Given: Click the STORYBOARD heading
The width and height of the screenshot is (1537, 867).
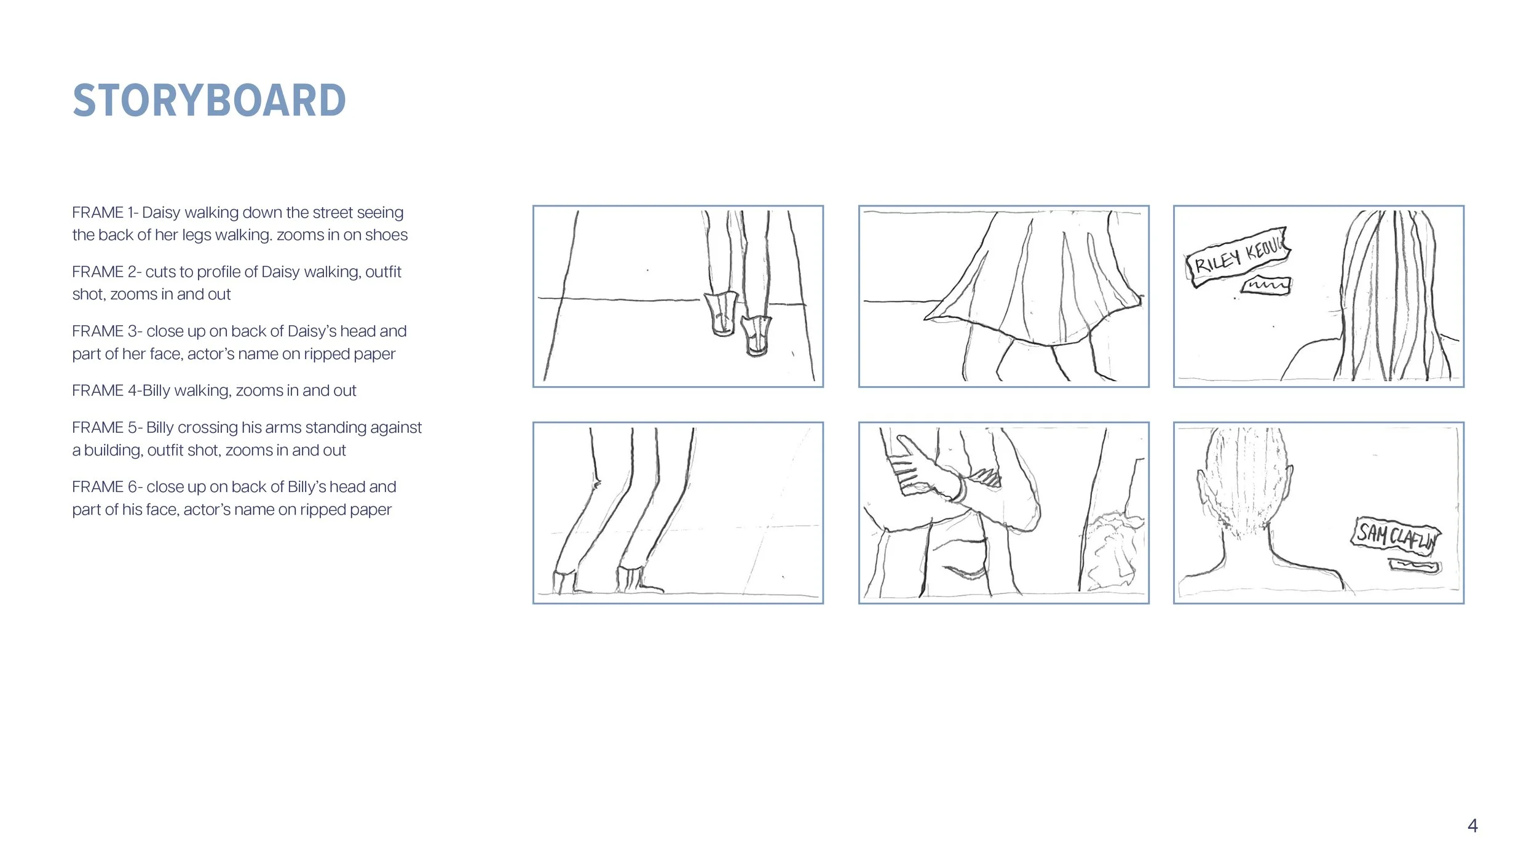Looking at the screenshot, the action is (209, 100).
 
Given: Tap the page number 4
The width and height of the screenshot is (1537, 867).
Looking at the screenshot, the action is (1472, 825).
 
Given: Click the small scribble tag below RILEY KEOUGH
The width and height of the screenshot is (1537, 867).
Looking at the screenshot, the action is (1266, 286).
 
